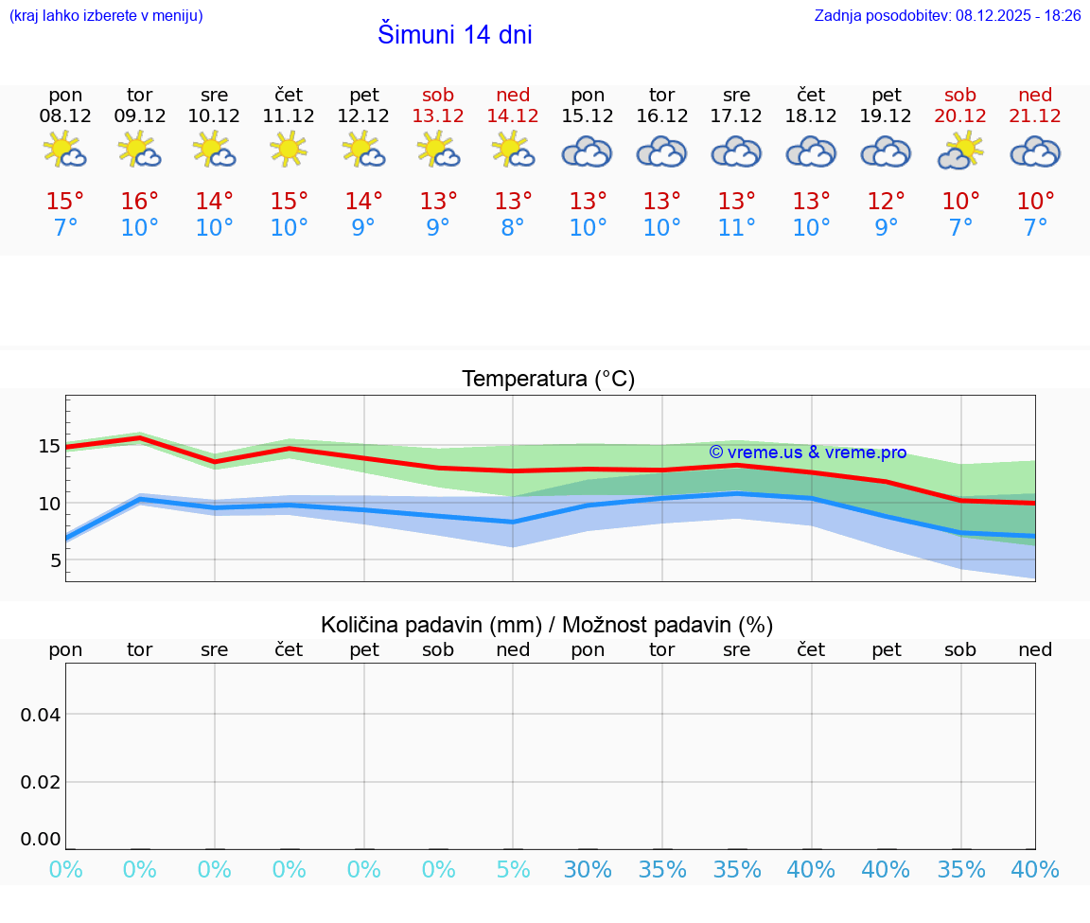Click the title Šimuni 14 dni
click(x=454, y=35)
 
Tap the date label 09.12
click(x=140, y=115)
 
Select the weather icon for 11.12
click(x=289, y=150)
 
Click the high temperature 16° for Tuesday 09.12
click(x=140, y=202)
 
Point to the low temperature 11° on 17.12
click(x=736, y=228)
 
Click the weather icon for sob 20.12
click(x=960, y=151)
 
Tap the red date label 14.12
click(x=513, y=115)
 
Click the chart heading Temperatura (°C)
click(x=548, y=379)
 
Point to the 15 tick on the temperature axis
click(x=49, y=446)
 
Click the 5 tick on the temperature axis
click(x=55, y=560)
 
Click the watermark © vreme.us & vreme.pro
click(x=807, y=453)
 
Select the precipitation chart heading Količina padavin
click(x=547, y=625)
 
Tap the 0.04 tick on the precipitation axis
click(x=42, y=715)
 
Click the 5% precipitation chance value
click(x=513, y=870)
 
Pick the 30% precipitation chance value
click(x=588, y=870)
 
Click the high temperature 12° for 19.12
click(x=886, y=202)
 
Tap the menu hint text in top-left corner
click(x=105, y=15)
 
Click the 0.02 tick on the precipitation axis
click(x=42, y=781)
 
